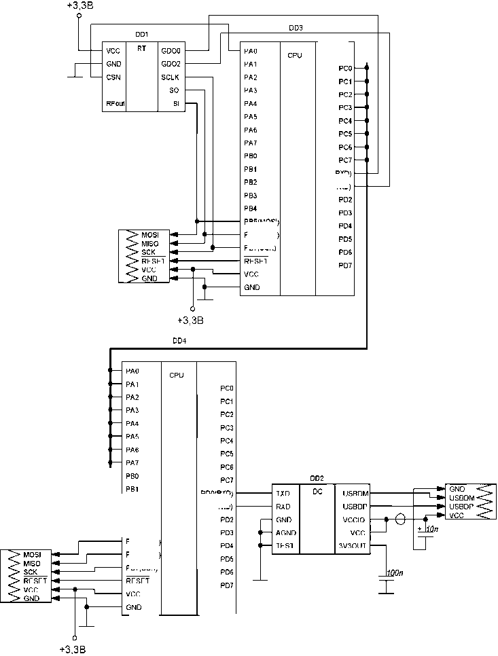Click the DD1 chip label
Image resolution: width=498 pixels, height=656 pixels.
143,34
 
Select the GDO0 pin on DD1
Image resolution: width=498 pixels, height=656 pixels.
171,50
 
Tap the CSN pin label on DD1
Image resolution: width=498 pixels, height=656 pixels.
113,77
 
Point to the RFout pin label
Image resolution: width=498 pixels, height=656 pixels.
115,104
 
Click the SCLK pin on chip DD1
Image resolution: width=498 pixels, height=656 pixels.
170,77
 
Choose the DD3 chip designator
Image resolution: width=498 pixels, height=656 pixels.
296,28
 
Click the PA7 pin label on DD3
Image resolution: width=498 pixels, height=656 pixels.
251,143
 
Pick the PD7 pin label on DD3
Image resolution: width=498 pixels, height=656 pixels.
345,265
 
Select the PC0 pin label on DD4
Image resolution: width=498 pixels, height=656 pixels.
227,388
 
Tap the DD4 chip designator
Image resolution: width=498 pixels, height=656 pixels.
179,340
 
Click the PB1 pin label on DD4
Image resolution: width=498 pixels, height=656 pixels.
132,489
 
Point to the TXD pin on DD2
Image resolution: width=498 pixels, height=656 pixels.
283,493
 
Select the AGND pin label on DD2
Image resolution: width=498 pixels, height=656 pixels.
285,532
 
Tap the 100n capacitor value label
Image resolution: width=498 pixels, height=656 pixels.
393,574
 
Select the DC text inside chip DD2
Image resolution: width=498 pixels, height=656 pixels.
317,492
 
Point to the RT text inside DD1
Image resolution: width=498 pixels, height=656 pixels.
141,49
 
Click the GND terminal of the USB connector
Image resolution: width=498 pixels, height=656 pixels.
457,488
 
